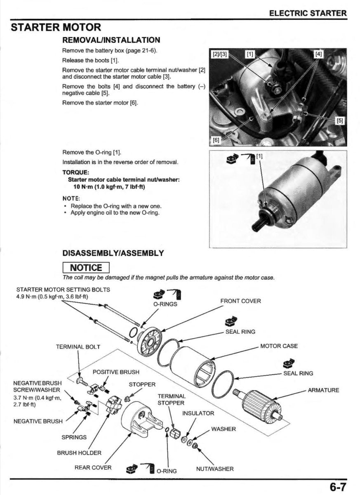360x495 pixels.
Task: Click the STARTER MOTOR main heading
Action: click(x=56, y=28)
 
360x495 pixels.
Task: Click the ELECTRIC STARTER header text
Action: click(x=308, y=13)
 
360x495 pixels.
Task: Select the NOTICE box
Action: click(x=86, y=268)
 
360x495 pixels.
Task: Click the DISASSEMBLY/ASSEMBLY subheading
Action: click(x=113, y=253)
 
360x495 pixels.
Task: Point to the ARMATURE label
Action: click(x=323, y=390)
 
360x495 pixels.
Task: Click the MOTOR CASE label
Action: click(x=279, y=346)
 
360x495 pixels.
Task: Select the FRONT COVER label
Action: click(x=240, y=301)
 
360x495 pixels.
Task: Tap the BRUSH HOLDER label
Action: click(x=79, y=453)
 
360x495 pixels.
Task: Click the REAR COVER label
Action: click(x=93, y=467)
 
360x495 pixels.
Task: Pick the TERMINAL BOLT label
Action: click(x=78, y=346)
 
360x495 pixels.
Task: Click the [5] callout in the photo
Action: click(x=340, y=121)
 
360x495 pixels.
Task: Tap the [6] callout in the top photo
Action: click(x=216, y=140)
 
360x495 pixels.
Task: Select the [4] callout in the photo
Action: click(x=319, y=54)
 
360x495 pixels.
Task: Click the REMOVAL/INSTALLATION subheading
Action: click(x=111, y=40)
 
